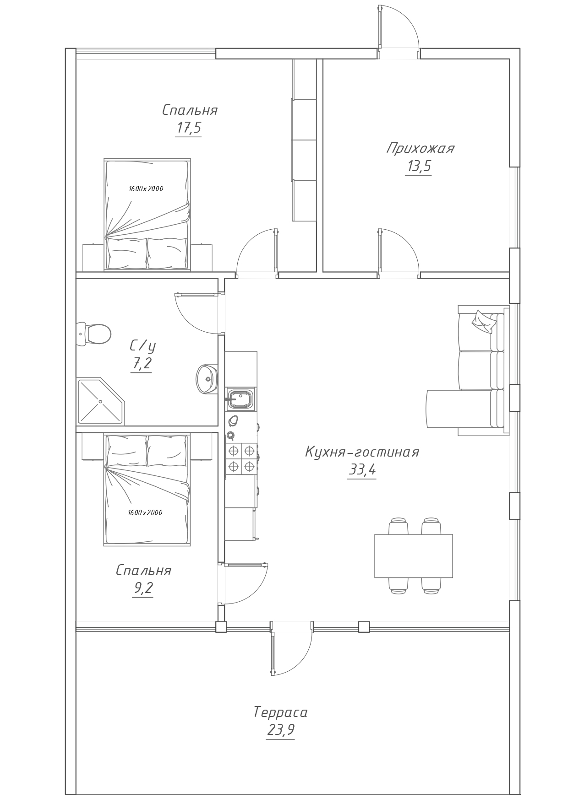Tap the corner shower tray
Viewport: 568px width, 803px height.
pyautogui.click(x=101, y=401)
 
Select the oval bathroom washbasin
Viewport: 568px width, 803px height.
pyautogui.click(x=207, y=379)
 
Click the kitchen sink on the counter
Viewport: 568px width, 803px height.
pyautogui.click(x=240, y=399)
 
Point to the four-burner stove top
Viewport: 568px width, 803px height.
pyautogui.click(x=241, y=458)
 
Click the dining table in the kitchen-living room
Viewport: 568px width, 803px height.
pyautogui.click(x=414, y=555)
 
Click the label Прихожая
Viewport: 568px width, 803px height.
pyautogui.click(x=420, y=148)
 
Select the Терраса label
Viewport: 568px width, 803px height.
pyautogui.click(x=280, y=712)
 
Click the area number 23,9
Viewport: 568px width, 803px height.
pyautogui.click(x=280, y=730)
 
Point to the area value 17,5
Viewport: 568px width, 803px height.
pyautogui.click(x=189, y=128)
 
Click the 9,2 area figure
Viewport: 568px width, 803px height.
pyautogui.click(x=143, y=588)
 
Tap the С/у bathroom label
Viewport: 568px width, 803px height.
pyautogui.click(x=143, y=345)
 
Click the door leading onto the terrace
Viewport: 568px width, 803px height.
pyautogui.click(x=291, y=648)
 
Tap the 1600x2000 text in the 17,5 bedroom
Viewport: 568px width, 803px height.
pyautogui.click(x=146, y=189)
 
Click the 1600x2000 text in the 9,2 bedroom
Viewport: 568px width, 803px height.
pyautogui.click(x=145, y=512)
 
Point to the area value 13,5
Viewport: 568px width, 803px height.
pyautogui.click(x=419, y=166)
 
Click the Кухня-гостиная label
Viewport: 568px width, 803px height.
pyautogui.click(x=362, y=452)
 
